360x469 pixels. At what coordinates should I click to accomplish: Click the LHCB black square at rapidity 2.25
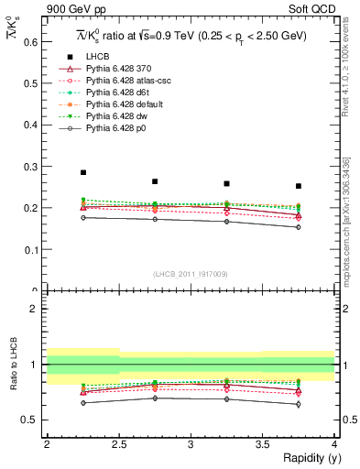(x=82, y=172)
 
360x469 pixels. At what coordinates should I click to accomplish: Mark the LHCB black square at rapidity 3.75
(x=298, y=186)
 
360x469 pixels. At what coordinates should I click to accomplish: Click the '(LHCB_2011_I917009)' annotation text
(x=191, y=272)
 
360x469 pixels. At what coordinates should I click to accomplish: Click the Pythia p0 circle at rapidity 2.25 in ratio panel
(x=82, y=403)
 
